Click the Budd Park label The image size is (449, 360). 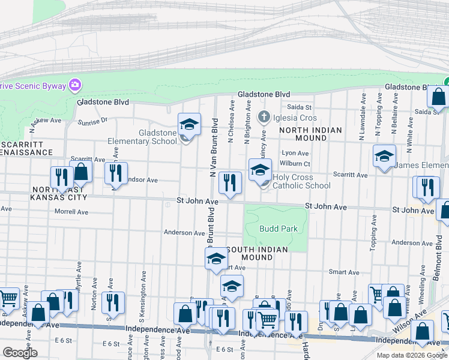point(279,229)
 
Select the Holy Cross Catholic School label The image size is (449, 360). point(301,181)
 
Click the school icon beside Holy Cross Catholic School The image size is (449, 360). point(260,170)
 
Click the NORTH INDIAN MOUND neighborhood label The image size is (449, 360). point(310,134)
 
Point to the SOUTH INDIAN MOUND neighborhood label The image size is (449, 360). point(256,253)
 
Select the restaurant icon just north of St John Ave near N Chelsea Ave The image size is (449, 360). point(230,183)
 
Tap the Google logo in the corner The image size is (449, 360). point(20,352)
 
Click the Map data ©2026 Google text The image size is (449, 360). point(412,355)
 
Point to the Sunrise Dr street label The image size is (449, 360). point(92,121)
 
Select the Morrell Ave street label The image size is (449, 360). point(71,212)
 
